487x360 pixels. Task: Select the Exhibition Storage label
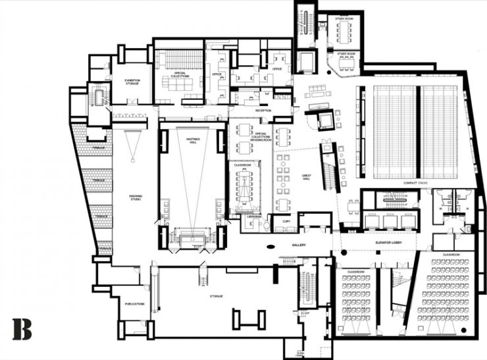(132, 82)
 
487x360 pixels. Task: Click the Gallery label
(300, 244)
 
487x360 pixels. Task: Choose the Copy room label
(286, 222)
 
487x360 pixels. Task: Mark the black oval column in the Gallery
(270, 248)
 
